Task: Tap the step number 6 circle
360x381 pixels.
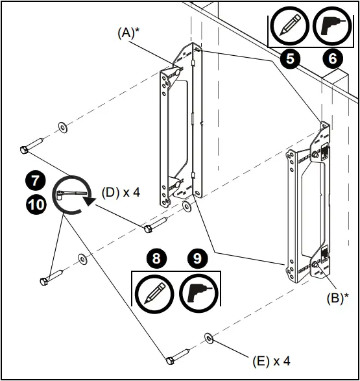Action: [x=333, y=58]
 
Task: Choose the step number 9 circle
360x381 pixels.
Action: [x=197, y=258]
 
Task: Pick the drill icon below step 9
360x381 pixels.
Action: [x=197, y=290]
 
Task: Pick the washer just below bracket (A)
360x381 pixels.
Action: [x=186, y=206]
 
